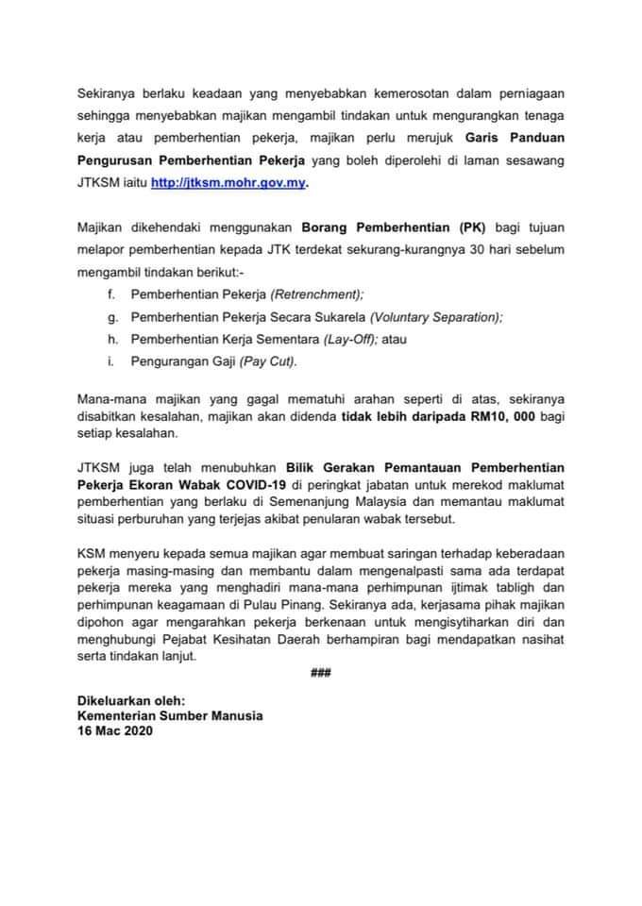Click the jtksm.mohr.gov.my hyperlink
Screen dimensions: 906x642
(229, 183)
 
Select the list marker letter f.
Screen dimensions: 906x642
(111, 294)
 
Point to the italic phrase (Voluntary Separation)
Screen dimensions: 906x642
(436, 316)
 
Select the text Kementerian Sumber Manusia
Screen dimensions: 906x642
(171, 715)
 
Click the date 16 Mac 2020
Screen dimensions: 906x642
(115, 730)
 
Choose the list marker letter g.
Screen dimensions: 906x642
(111, 316)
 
